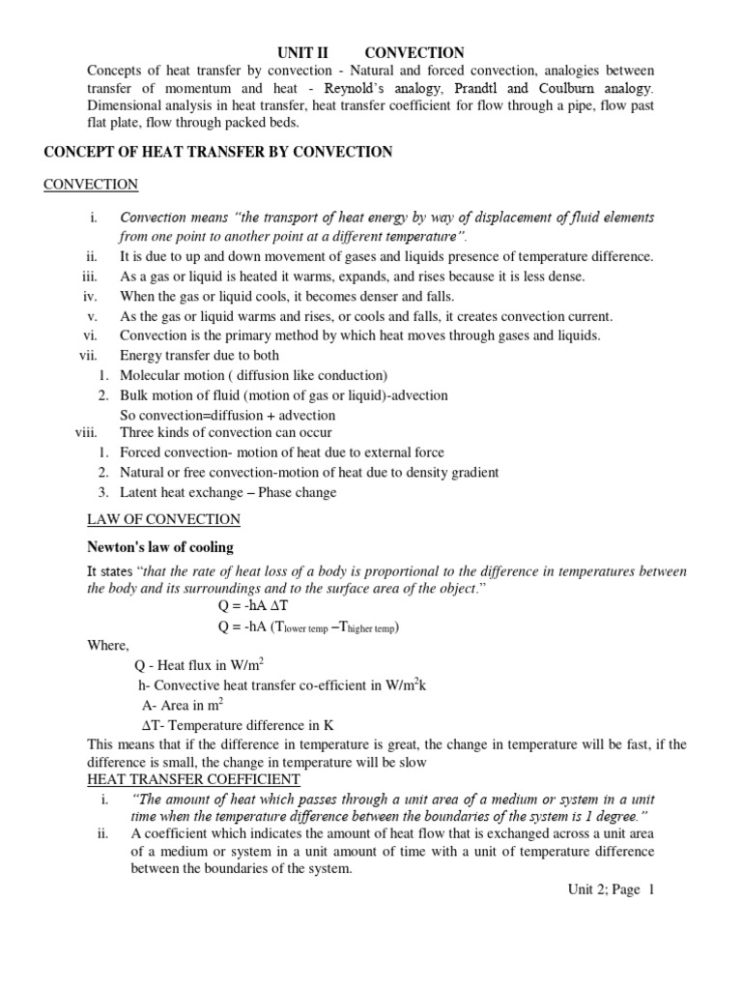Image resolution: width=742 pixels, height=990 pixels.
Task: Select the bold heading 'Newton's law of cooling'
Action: coord(160,548)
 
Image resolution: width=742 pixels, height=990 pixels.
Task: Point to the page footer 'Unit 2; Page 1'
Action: coord(611,890)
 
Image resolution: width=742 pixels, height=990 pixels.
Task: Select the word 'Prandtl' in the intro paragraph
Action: coord(470,89)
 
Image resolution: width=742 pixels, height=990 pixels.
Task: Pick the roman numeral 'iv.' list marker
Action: coord(92,297)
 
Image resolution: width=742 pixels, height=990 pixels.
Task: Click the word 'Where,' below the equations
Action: coord(107,646)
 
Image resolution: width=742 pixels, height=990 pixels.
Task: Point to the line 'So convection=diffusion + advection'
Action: coord(219,415)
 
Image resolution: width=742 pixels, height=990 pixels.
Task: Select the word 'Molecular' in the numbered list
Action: coord(149,375)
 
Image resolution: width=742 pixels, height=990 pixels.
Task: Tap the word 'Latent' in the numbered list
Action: coord(138,492)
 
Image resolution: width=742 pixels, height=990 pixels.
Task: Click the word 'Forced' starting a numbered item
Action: coord(140,452)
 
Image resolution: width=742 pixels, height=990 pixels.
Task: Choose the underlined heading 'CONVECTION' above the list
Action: coord(91,185)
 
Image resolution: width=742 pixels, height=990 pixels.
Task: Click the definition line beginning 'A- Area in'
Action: coord(183,705)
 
